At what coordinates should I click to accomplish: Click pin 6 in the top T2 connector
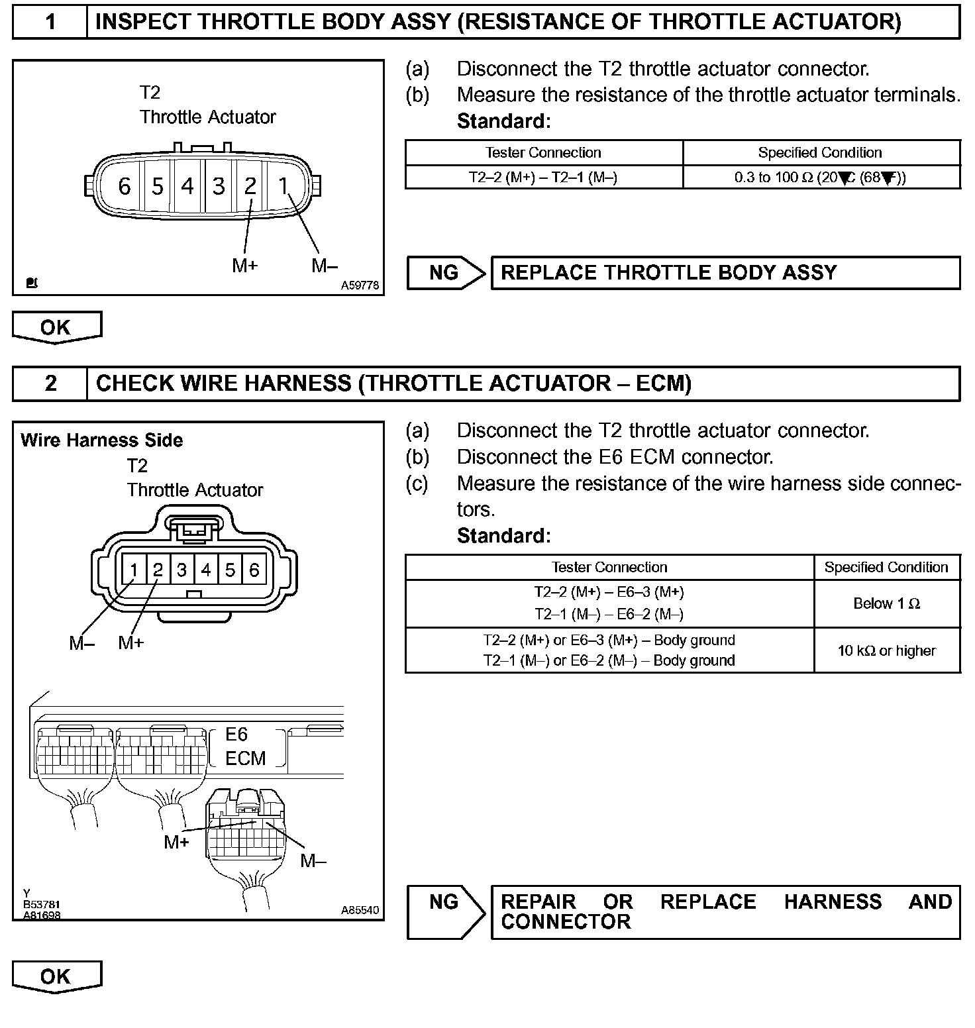click(x=124, y=186)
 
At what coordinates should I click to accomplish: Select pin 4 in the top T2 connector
click(x=187, y=186)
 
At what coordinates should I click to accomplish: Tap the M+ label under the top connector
click(x=244, y=266)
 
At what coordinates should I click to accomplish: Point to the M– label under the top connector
click(x=325, y=266)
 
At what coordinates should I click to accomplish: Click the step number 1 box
click(x=50, y=23)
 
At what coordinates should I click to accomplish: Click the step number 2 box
click(x=50, y=384)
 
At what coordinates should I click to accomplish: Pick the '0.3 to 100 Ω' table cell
click(x=821, y=178)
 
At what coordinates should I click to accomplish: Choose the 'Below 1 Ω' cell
click(x=886, y=603)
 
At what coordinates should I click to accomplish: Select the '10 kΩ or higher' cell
click(x=886, y=650)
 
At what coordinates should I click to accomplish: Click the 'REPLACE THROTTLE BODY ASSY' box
click(x=725, y=273)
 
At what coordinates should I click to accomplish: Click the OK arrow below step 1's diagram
click(x=56, y=327)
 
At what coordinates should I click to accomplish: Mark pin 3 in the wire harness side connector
click(x=181, y=570)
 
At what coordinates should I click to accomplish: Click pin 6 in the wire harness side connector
click(x=254, y=570)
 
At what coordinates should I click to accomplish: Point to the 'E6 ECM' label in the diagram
click(x=245, y=746)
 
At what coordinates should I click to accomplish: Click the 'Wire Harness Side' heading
click(x=102, y=440)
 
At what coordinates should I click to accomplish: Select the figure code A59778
click(x=360, y=285)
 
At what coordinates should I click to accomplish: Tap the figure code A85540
click(x=360, y=910)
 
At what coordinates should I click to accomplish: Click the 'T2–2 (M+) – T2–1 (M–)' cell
click(x=543, y=178)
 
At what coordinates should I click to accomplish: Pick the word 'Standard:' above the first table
click(x=503, y=121)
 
